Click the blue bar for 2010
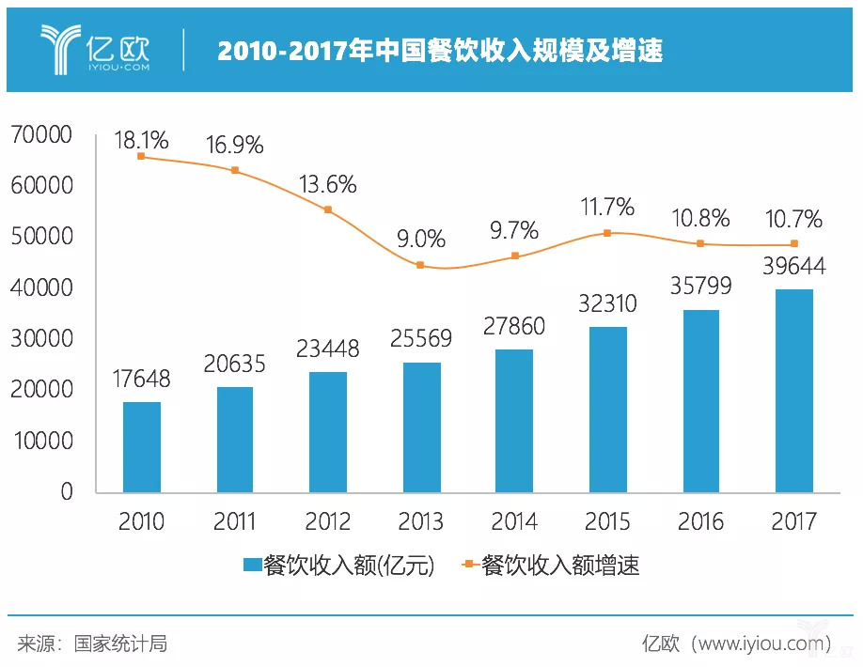[142, 446]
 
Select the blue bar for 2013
[421, 427]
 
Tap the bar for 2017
[793, 391]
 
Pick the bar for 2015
[607, 410]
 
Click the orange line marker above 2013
[421, 265]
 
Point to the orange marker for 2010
[142, 157]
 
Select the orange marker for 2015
[607, 232]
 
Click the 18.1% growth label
[141, 141]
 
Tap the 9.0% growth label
[421, 240]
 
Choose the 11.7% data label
[607, 207]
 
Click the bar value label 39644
[793, 267]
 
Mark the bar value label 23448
[328, 349]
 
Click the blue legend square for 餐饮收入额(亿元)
[252, 565]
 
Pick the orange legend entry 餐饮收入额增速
[550, 565]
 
